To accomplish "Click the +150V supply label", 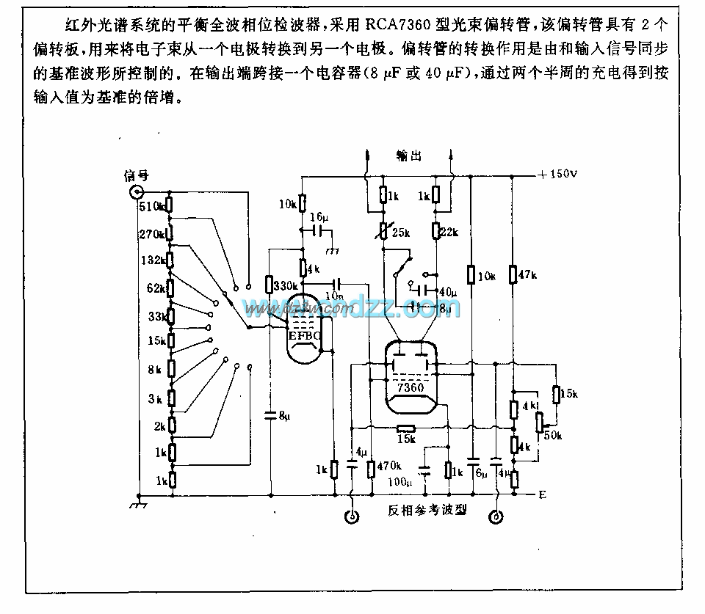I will (x=559, y=175).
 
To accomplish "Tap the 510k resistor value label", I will (x=151, y=206).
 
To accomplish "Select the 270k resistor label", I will (x=151, y=234).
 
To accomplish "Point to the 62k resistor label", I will (x=155, y=288).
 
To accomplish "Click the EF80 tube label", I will (x=304, y=337).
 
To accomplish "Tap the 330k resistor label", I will (x=286, y=285).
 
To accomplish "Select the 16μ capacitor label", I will (x=319, y=217).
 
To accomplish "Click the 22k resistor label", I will (x=449, y=233).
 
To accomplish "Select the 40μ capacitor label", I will (x=446, y=293).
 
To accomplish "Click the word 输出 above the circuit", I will (x=408, y=156).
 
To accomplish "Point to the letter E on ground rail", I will (x=542, y=495).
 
